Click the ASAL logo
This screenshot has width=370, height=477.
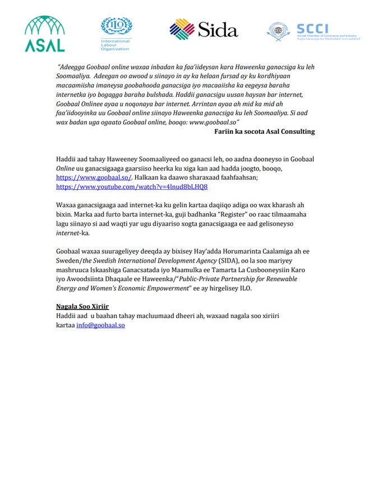pos(45,34)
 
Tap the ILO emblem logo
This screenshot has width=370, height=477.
pos(116,27)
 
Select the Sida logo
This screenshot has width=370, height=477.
pos(203,29)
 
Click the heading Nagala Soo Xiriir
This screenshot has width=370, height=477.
pos(82,307)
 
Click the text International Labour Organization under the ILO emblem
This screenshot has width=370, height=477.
pos(115,45)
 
